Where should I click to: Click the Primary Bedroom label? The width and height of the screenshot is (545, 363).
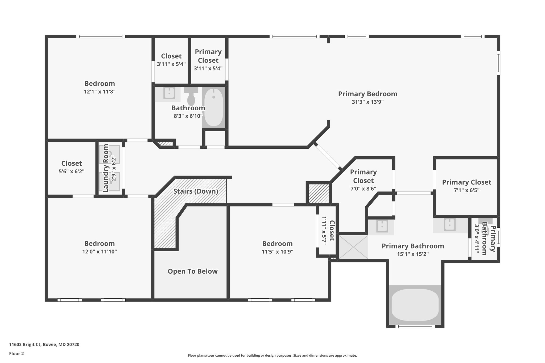point(368,94)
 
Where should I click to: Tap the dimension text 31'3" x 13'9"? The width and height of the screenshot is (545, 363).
point(368,102)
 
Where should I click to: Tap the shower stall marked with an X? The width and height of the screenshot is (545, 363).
point(353,247)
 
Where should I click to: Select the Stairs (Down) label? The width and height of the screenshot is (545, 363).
point(196,191)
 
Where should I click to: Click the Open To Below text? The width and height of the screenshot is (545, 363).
point(192,272)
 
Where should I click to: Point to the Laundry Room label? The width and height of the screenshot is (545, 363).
point(106,168)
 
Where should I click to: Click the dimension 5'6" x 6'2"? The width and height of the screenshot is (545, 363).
point(71,172)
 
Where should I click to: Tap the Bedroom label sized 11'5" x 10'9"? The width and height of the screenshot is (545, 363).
point(277,244)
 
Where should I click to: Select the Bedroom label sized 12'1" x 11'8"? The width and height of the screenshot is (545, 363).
point(100,84)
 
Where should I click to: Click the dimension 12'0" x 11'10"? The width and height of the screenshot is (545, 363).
point(100,252)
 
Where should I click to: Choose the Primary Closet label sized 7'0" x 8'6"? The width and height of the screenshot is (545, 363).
point(363,176)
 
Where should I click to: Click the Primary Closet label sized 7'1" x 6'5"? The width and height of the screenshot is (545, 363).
point(466,182)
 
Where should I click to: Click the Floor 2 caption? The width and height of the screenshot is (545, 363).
point(16,354)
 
